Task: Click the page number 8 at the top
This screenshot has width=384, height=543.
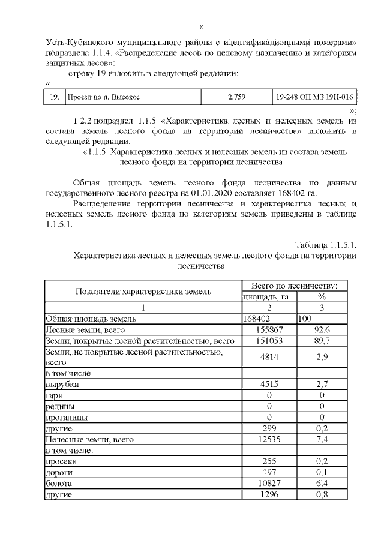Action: point(202,26)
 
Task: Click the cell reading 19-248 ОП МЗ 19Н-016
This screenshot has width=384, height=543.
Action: point(313,96)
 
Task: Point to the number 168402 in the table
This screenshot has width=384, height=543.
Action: point(257,319)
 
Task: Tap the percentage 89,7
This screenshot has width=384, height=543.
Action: point(322,341)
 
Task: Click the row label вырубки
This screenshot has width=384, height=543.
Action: point(62,385)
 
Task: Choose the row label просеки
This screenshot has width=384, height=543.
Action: point(61,461)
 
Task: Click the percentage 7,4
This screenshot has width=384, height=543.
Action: point(322,440)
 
